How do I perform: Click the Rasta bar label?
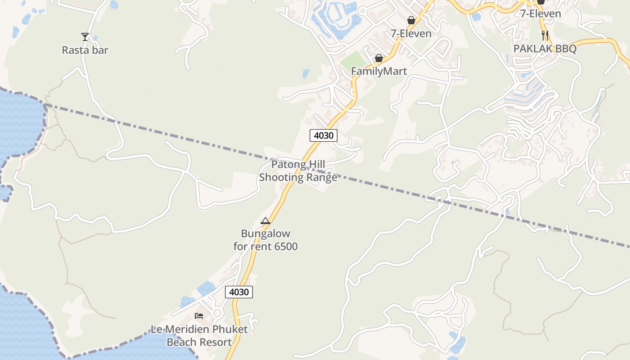tap(85, 50)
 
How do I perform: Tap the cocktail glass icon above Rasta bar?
tap(85, 36)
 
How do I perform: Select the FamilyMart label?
tap(379, 71)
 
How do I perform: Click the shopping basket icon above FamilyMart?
tap(379, 58)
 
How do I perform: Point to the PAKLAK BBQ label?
tap(545, 49)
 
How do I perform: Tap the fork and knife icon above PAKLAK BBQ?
tap(545, 35)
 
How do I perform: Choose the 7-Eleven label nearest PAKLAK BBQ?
tap(540, 13)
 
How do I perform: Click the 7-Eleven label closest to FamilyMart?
tap(411, 33)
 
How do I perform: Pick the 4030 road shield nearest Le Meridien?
tap(238, 292)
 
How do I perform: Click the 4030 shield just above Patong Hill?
tap(324, 135)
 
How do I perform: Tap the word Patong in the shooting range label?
tap(288, 165)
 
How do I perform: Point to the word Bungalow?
tap(265, 234)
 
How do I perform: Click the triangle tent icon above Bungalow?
tap(265, 220)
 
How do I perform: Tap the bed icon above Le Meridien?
tap(199, 316)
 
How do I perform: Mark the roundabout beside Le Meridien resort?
tap(218, 313)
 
